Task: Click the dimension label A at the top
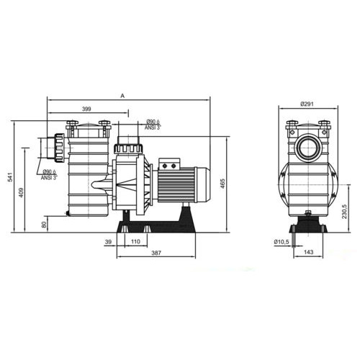pos(122,96)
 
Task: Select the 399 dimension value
pos(86,109)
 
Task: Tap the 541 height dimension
pos(10,177)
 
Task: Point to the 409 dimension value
pos(21,192)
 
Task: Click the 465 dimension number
pos(222,184)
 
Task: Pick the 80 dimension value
pos(44,225)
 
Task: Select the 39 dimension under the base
pos(108,242)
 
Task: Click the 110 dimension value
pos(135,242)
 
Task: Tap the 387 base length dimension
pos(156,253)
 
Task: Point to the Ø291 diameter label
pos(307,104)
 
